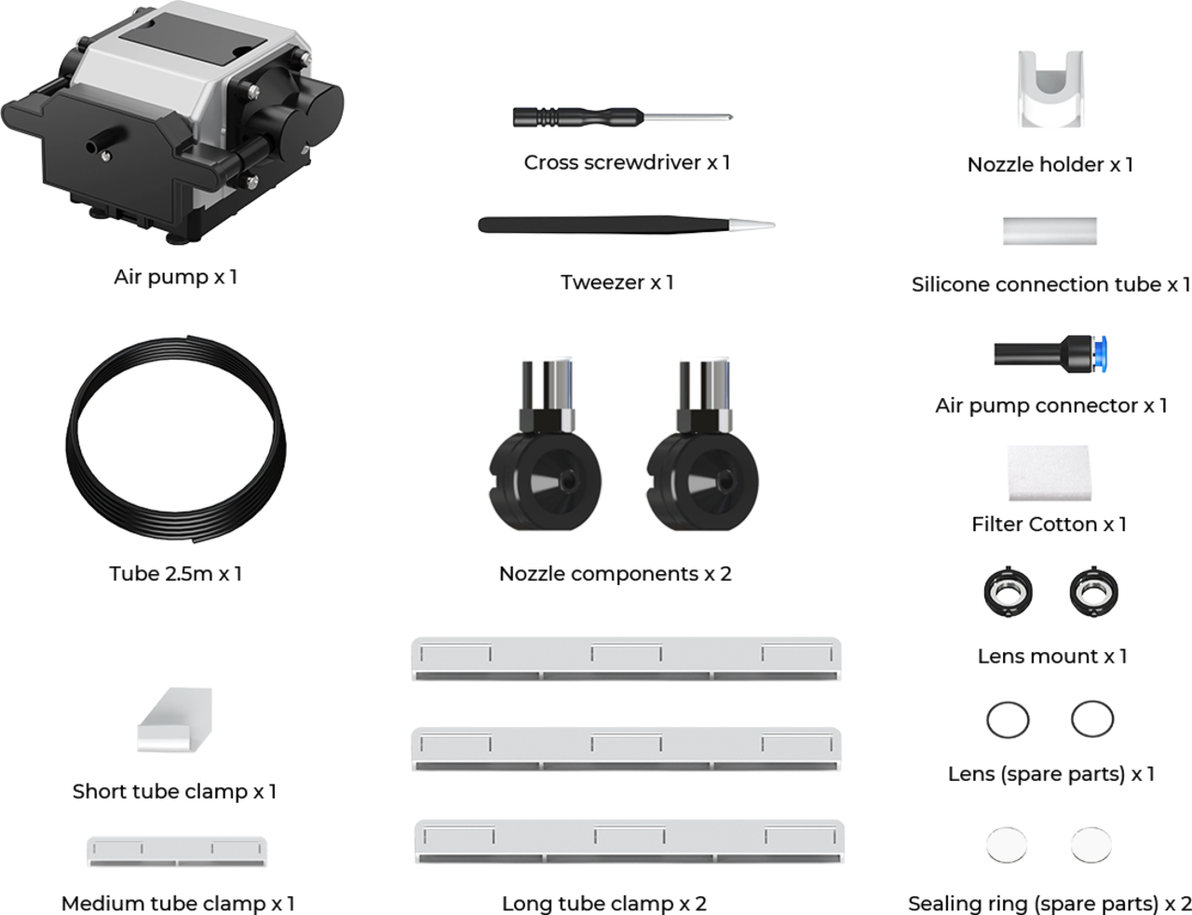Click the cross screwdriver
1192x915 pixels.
[622, 116]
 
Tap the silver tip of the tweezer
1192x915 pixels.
[752, 224]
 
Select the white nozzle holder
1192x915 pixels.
[1050, 89]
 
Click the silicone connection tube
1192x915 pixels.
[1050, 231]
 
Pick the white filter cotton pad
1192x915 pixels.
[1050, 472]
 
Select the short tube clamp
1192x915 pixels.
[174, 719]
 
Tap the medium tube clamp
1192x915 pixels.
[177, 852]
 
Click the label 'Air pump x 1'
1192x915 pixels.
[175, 277]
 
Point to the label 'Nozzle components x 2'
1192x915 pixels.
[615, 574]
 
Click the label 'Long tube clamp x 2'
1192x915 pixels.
[604, 903]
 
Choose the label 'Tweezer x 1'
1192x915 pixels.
[616, 282]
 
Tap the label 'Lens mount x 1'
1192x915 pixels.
[1052, 656]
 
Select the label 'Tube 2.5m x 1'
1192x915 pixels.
[175, 574]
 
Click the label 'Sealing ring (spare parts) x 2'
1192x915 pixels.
[1050, 904]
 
